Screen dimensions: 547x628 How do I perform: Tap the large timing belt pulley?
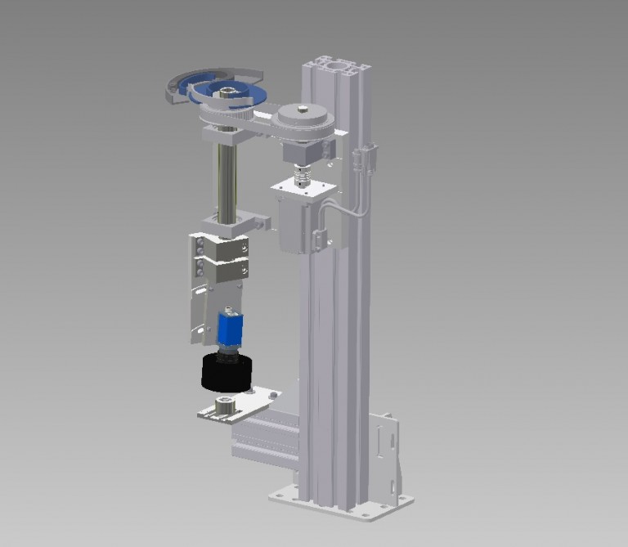304,120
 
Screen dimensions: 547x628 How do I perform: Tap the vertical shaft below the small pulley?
227,176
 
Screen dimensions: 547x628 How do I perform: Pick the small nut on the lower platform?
222,405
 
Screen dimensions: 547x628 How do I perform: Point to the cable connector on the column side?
366,158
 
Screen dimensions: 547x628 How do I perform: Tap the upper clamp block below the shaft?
221,245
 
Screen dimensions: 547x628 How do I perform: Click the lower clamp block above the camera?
221,268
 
